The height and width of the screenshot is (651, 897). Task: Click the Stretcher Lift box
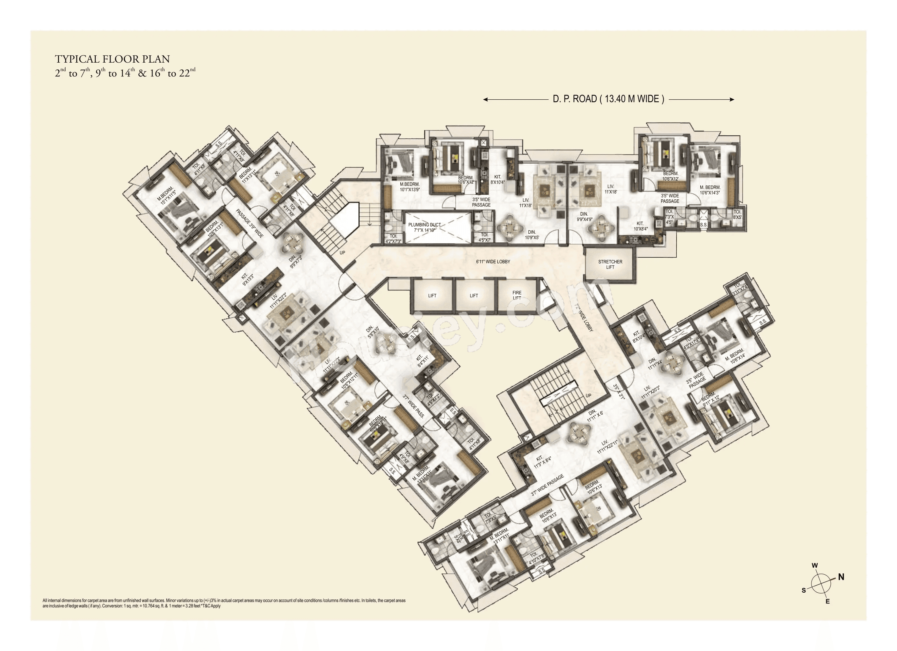[x=610, y=264]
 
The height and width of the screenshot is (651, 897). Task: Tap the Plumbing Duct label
[x=424, y=227]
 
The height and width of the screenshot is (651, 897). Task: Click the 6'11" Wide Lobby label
[x=493, y=262]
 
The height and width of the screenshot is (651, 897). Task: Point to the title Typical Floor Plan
[x=112, y=59]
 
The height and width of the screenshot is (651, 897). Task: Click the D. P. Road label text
[x=608, y=99]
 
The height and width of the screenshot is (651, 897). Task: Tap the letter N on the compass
[x=841, y=577]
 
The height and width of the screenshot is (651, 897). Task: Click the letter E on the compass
[x=827, y=602]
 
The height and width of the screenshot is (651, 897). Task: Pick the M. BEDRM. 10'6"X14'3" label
[x=710, y=190]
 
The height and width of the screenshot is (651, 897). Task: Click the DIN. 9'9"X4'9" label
[x=584, y=217]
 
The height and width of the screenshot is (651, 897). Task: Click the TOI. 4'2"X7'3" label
[x=393, y=239]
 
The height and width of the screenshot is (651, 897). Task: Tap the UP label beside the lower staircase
[x=588, y=396]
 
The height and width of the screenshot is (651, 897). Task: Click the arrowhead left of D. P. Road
[x=485, y=100]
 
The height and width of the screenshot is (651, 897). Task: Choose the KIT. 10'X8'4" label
[x=640, y=226]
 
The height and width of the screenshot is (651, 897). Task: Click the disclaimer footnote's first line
[x=224, y=601]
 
